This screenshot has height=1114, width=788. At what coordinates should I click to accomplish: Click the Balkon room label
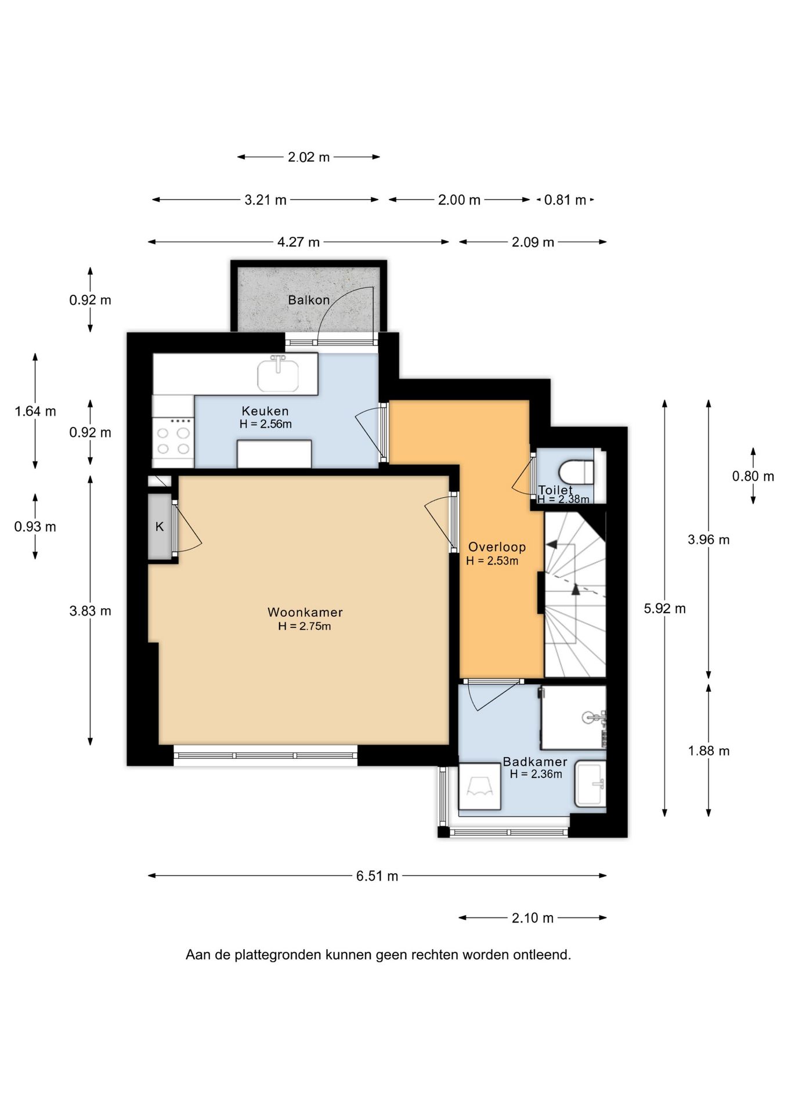(309, 300)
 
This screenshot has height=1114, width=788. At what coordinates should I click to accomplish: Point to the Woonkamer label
(305, 612)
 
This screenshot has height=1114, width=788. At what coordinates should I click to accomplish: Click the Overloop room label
(497, 547)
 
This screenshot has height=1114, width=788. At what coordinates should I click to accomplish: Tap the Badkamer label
(535, 762)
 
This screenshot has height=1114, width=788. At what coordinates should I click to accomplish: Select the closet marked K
(160, 527)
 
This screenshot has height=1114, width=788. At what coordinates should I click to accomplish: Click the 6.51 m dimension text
(377, 876)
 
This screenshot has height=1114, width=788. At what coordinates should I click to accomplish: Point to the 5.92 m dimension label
(665, 609)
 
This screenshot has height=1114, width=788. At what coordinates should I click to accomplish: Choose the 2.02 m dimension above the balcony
(309, 157)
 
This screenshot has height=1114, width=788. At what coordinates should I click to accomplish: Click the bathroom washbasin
(590, 784)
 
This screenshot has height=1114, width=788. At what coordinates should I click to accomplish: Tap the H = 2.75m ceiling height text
(305, 626)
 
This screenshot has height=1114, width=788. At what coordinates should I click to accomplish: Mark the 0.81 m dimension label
(565, 200)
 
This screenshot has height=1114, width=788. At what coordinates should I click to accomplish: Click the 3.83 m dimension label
(91, 611)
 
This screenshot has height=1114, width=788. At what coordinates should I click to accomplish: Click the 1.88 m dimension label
(709, 751)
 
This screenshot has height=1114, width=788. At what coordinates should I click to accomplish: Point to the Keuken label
(265, 411)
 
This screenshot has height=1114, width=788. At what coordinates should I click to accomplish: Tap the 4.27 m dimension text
(298, 243)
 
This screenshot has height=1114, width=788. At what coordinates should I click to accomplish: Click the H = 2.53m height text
(492, 560)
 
